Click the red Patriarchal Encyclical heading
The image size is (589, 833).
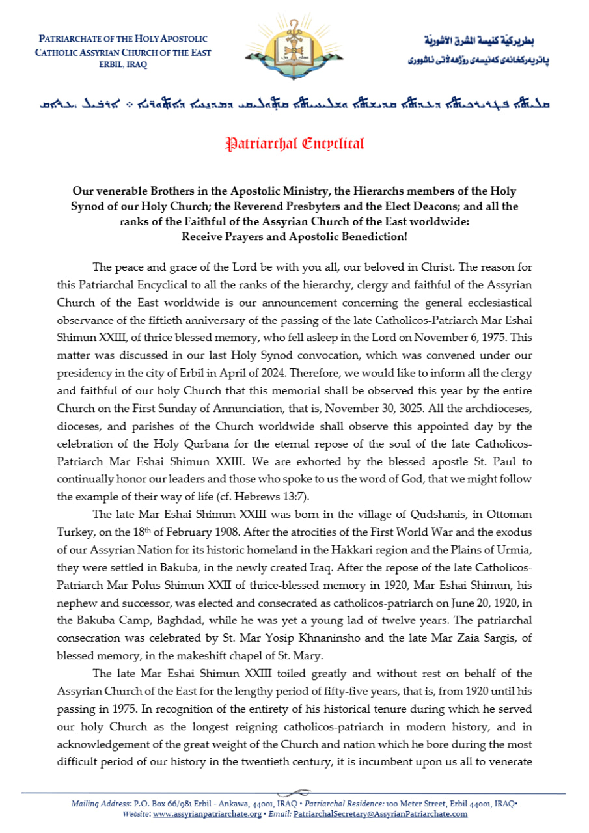tap(294, 143)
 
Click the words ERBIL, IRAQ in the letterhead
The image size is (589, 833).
tap(123, 64)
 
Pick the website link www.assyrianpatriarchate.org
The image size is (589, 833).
tap(208, 813)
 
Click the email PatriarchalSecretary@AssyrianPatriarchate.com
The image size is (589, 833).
tap(380, 813)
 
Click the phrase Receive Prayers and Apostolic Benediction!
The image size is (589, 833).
tap(294, 236)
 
